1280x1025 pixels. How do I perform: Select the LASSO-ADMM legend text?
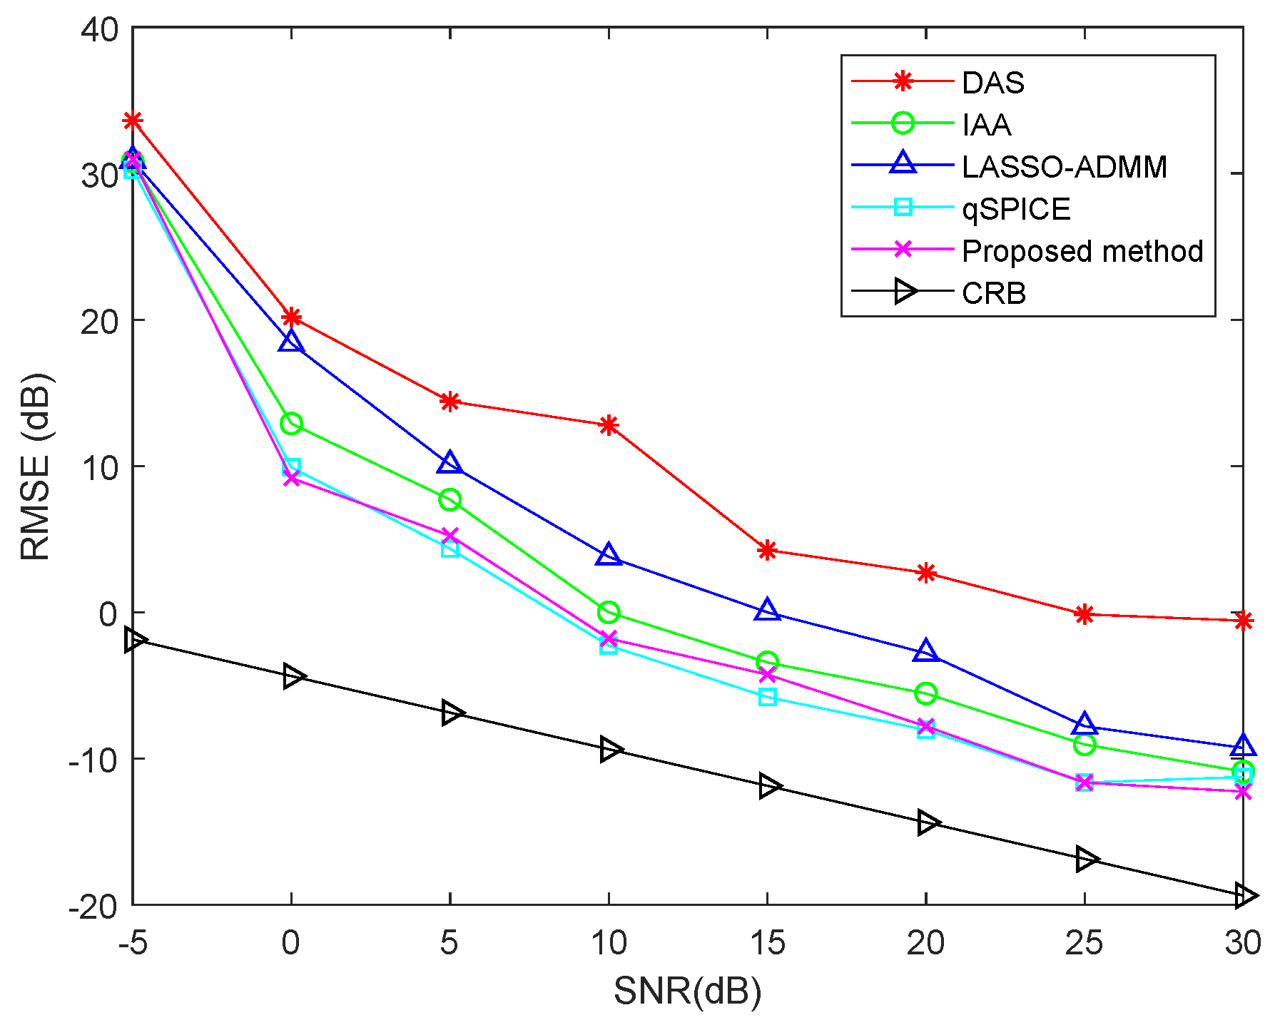[1064, 167]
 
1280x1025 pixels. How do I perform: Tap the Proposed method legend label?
[1082, 251]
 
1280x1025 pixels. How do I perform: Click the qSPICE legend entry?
[1016, 209]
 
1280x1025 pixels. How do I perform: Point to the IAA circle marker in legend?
[903, 123]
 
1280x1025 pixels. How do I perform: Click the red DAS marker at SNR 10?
[608, 426]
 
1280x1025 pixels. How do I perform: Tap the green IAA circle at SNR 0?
[290, 424]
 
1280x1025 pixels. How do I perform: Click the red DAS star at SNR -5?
[133, 121]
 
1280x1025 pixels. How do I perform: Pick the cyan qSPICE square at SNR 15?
[767, 697]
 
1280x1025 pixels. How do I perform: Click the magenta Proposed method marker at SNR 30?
[1243, 792]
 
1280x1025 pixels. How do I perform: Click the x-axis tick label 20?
[925, 943]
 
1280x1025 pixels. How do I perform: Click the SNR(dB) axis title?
[687, 991]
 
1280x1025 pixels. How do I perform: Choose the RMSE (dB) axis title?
[36, 466]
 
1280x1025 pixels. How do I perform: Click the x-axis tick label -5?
[133, 943]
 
